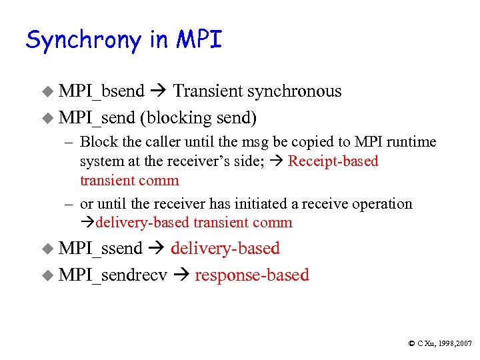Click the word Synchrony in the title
(84, 41)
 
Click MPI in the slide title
(199, 40)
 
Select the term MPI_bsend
(101, 91)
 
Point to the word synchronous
(295, 91)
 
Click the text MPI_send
(97, 118)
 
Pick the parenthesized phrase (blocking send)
(198, 118)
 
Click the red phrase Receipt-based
(333, 161)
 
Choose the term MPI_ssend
(101, 249)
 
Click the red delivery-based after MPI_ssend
(225, 249)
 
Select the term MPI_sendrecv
(113, 275)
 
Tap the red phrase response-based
(252, 275)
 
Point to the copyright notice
(439, 343)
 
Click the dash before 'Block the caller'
(69, 142)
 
